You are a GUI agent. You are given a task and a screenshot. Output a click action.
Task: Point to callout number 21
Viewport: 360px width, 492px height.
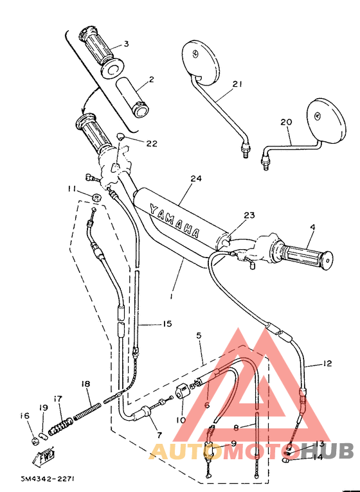coord(237,83)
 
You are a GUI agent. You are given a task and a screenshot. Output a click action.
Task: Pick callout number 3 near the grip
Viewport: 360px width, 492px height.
coord(126,44)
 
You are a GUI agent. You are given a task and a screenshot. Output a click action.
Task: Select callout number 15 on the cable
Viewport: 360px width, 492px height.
coord(166,324)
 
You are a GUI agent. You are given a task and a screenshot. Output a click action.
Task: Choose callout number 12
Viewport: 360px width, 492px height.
coord(327,364)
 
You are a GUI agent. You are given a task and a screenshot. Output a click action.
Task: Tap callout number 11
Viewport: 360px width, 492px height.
coord(71,188)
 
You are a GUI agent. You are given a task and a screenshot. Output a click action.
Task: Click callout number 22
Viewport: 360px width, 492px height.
coord(151,144)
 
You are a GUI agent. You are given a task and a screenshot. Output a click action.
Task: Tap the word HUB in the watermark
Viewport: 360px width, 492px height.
coord(334,450)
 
